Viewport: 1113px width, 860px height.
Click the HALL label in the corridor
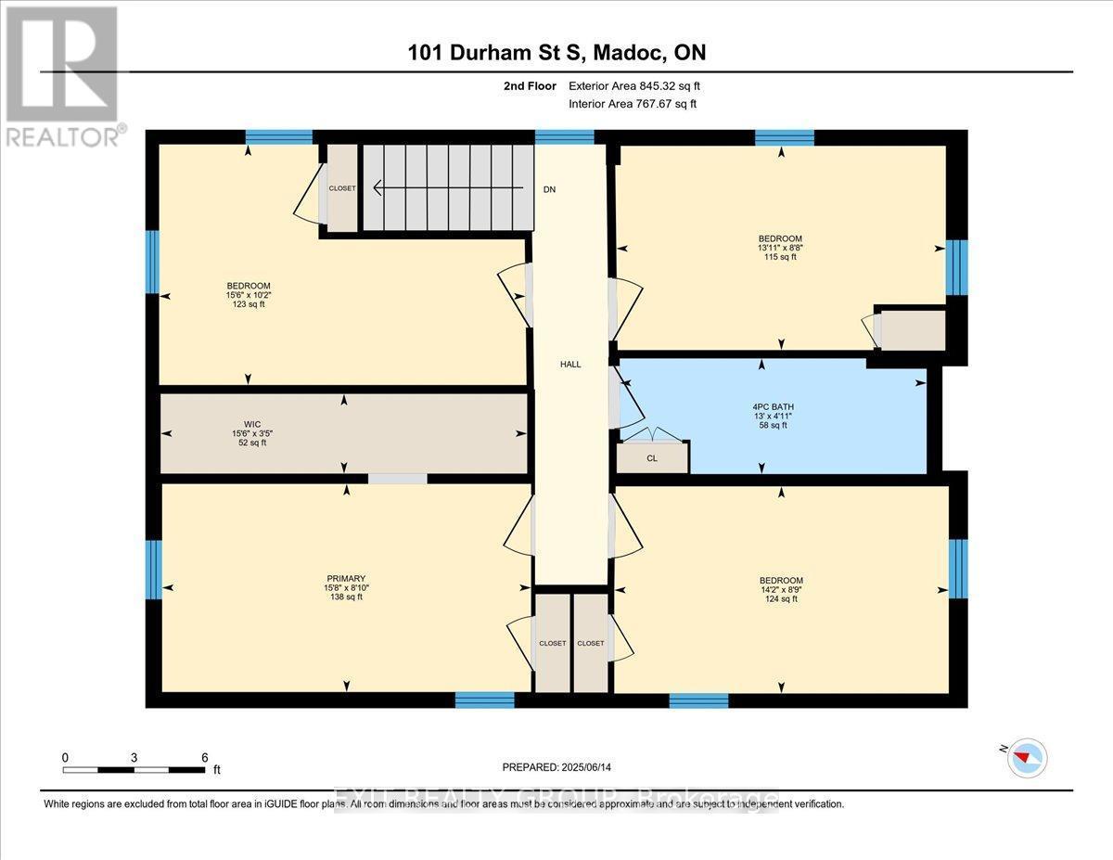point(570,365)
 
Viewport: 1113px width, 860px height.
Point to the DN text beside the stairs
point(550,189)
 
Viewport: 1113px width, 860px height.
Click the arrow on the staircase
point(445,189)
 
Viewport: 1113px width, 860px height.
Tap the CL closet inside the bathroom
point(652,457)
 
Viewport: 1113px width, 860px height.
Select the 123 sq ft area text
point(248,305)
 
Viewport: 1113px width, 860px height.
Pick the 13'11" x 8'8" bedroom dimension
point(779,247)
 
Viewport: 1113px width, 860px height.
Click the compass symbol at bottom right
point(1027,758)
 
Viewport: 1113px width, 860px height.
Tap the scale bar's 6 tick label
point(204,757)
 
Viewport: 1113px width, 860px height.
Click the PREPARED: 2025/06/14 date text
point(557,767)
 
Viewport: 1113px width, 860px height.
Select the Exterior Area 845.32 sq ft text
point(633,86)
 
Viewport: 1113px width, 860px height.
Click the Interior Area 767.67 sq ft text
point(632,104)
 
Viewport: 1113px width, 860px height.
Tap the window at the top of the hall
point(564,137)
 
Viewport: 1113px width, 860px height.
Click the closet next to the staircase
point(341,188)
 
